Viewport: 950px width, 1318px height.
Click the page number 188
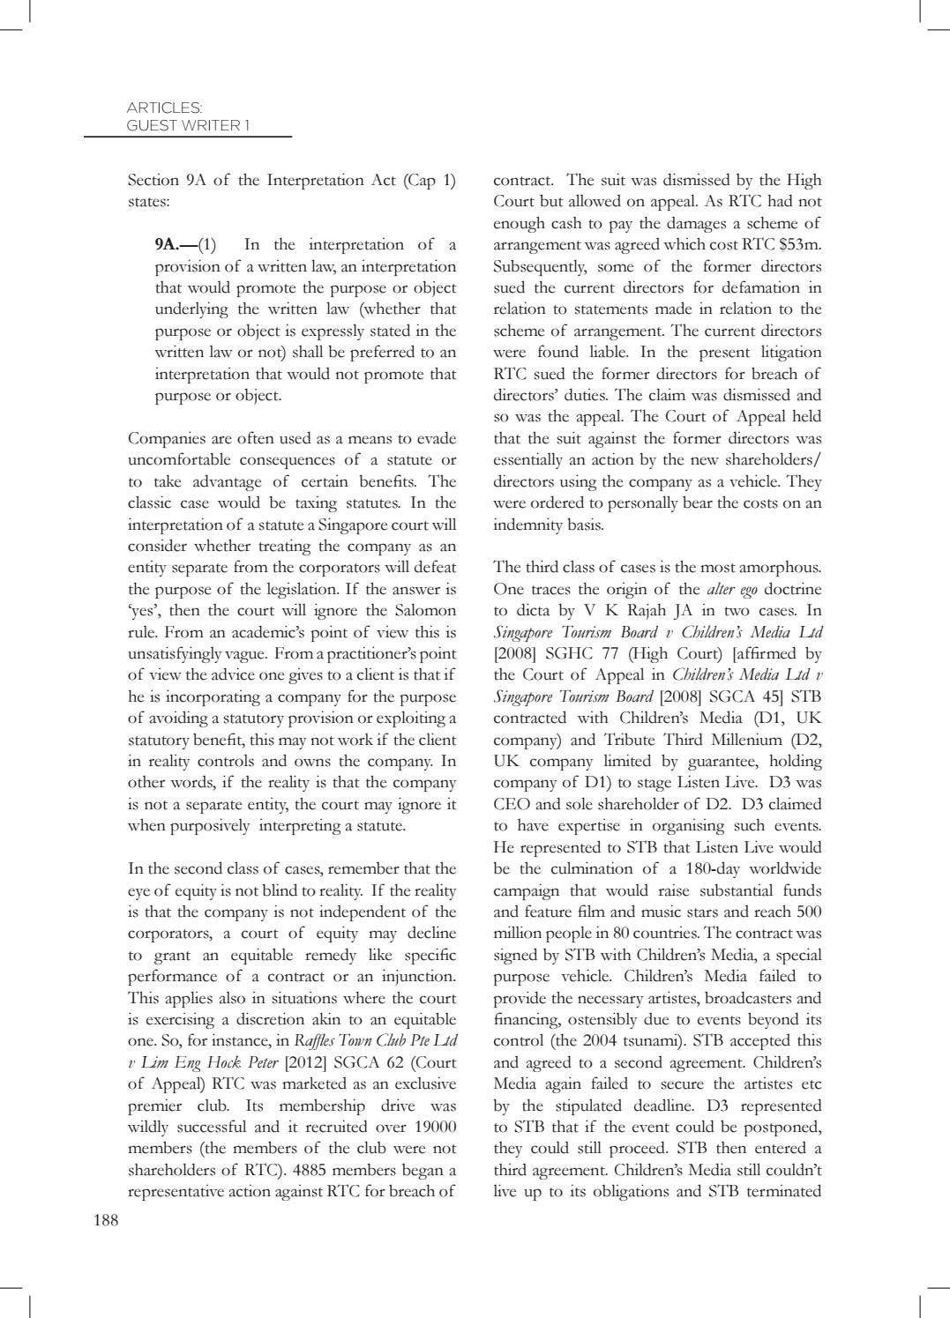click(105, 1220)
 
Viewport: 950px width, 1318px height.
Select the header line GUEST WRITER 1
click(188, 125)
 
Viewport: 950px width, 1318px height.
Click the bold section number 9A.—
click(176, 245)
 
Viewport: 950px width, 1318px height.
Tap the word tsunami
click(647, 1041)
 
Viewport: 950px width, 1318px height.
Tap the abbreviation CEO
click(512, 804)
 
